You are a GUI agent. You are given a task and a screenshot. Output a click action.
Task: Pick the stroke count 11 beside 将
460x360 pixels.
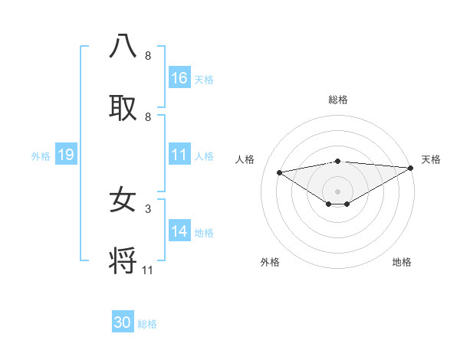coord(147,270)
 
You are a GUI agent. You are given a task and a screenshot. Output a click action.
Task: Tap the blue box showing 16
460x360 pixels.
coord(179,78)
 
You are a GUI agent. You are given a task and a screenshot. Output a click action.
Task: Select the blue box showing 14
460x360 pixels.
coord(179,231)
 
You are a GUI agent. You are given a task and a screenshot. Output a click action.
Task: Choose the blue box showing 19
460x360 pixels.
coord(65,155)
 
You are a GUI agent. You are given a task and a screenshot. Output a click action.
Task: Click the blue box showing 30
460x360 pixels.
coord(123,322)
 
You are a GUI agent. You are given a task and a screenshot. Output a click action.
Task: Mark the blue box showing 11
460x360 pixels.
coord(179,155)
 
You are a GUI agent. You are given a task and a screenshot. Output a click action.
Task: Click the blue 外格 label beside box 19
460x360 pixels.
coord(41,156)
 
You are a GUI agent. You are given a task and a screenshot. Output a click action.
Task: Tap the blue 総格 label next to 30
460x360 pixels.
coord(147,324)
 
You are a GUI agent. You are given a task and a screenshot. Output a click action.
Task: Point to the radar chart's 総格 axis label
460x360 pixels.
coord(337,100)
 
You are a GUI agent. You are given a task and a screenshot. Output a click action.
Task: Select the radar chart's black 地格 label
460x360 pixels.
coord(402,262)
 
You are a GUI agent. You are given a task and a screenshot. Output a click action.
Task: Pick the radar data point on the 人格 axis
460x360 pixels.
coord(279,172)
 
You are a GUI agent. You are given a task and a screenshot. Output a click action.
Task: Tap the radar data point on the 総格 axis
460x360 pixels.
coord(337,161)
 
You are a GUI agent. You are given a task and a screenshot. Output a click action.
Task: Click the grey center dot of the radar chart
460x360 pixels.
coord(337,191)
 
